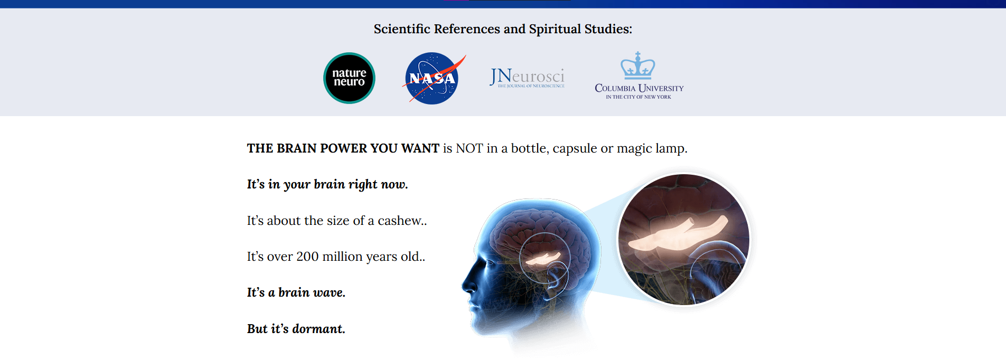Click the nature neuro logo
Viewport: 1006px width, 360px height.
(x=349, y=78)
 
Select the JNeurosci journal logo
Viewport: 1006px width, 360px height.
(x=527, y=78)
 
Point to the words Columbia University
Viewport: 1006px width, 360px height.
(x=639, y=88)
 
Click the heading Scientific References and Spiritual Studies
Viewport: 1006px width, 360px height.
(x=503, y=29)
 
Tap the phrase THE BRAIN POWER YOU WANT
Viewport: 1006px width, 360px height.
(x=343, y=148)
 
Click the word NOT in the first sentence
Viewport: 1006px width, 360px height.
(x=469, y=148)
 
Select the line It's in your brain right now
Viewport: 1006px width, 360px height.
(x=327, y=184)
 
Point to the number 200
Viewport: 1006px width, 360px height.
(x=307, y=257)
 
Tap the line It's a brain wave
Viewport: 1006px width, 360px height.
(x=296, y=292)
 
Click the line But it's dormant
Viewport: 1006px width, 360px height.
(x=296, y=329)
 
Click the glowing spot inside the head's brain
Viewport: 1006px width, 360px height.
(x=543, y=258)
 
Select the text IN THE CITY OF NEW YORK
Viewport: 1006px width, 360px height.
(x=638, y=97)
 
